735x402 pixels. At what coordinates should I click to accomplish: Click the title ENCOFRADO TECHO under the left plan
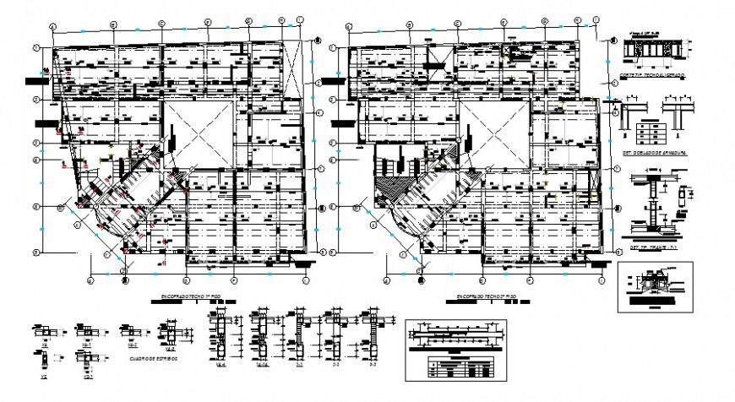[x=192, y=297]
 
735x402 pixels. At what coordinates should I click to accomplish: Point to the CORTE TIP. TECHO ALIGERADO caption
[x=651, y=77]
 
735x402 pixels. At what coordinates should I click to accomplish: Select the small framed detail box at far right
[x=655, y=286]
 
